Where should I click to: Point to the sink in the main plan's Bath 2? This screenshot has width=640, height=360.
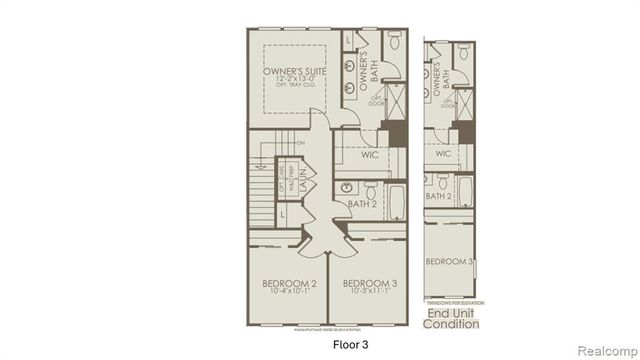tap(347, 188)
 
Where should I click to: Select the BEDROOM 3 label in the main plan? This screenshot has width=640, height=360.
tap(365, 285)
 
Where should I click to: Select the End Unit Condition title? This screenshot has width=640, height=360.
tap(452, 318)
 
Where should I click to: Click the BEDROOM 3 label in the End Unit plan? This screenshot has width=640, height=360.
tap(449, 261)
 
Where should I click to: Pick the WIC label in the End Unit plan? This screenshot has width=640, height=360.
tap(443, 153)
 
